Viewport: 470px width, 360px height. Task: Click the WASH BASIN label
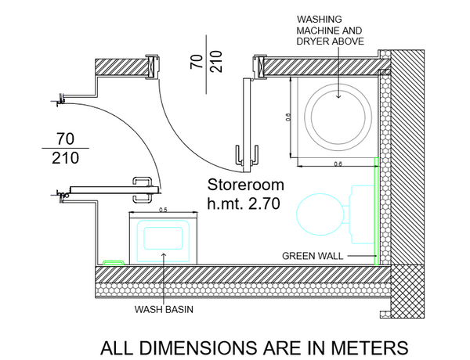pos(164,309)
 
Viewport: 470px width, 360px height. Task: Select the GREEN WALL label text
pos(311,256)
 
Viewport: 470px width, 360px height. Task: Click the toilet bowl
pos(322,214)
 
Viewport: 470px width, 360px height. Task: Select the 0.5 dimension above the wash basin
pos(164,210)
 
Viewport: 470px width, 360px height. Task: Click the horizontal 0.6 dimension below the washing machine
pos(338,164)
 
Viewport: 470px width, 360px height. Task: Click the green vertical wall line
pos(377,211)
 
